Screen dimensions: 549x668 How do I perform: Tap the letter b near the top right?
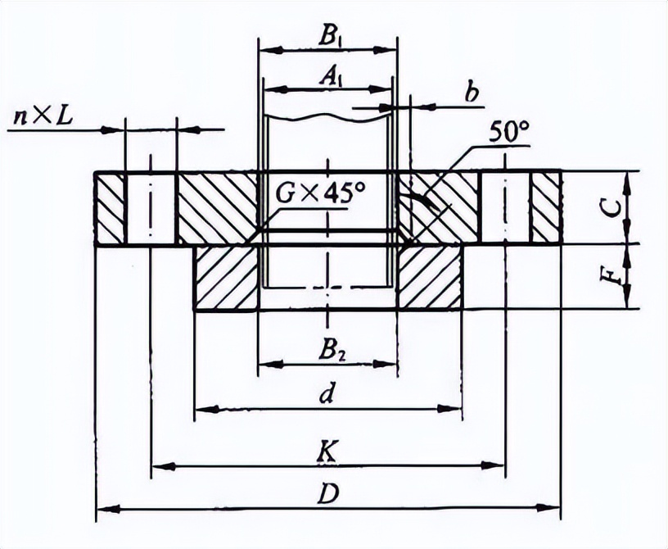click(x=472, y=93)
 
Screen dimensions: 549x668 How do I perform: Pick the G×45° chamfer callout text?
click(x=320, y=196)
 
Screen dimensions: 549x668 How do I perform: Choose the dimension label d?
click(x=327, y=392)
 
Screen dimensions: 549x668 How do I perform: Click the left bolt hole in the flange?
click(x=151, y=207)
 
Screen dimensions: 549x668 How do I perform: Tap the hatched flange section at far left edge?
click(x=110, y=208)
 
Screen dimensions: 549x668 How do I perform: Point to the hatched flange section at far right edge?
click(x=545, y=208)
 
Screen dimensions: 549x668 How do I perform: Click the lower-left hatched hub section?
click(x=227, y=277)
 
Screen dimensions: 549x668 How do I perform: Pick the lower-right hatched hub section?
click(x=428, y=277)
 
